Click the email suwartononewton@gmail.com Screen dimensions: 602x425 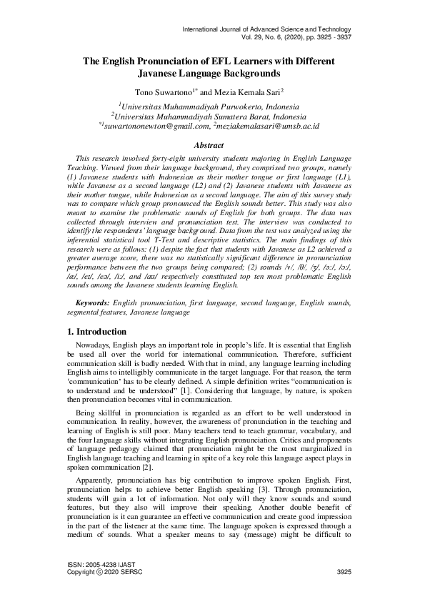tap(156, 125)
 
